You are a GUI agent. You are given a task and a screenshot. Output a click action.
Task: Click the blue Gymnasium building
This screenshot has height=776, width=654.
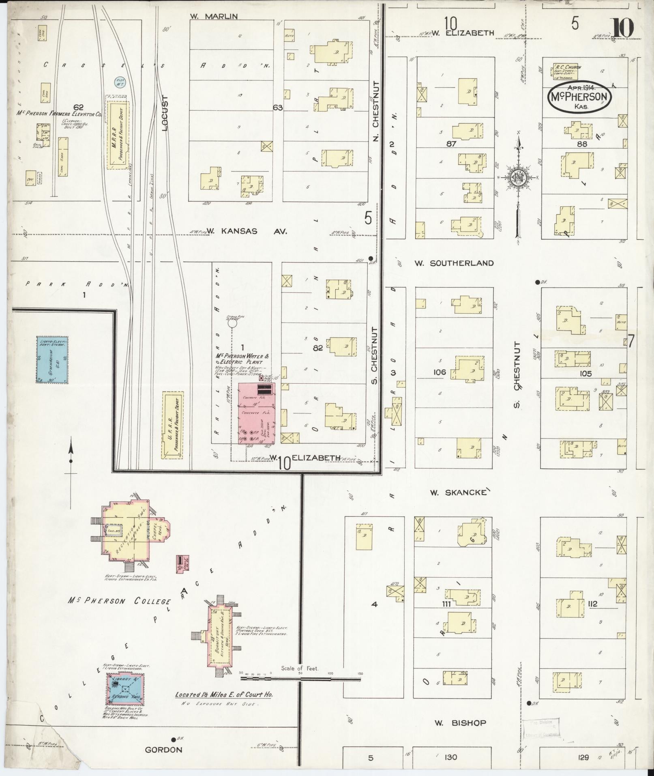[x=52, y=359]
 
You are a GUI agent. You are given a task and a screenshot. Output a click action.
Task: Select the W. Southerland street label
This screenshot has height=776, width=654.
[x=454, y=263]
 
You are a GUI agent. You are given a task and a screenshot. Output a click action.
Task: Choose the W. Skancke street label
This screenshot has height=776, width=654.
[x=458, y=492]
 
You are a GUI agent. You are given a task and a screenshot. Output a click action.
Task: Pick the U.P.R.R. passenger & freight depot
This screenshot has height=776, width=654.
[x=172, y=425]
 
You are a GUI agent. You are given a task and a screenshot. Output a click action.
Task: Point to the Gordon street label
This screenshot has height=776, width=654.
[x=163, y=750]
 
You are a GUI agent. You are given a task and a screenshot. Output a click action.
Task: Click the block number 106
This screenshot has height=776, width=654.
[x=440, y=372]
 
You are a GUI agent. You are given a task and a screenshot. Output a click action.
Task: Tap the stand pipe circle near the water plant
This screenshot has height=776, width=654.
[x=232, y=323]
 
